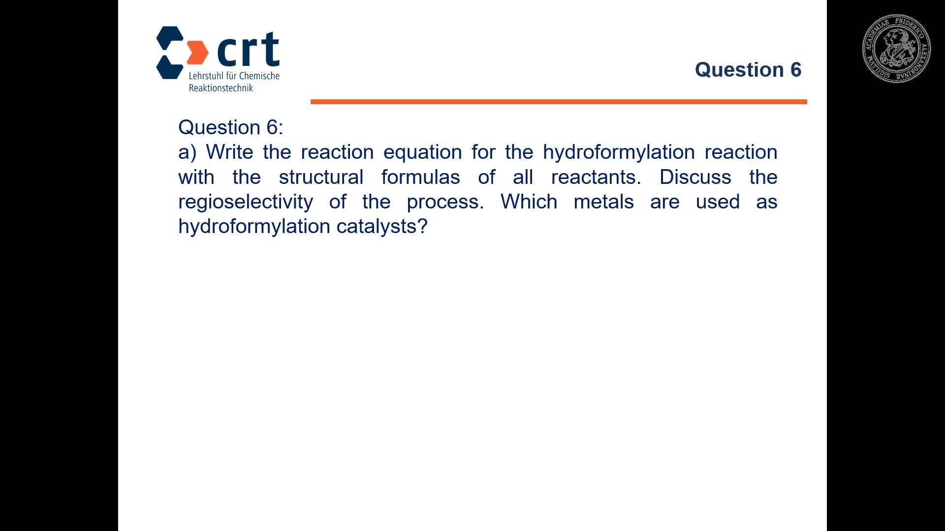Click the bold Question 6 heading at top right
tap(748, 70)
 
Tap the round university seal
tap(896, 48)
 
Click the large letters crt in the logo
tap(248, 49)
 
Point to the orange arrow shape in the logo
tap(198, 53)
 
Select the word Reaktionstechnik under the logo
tap(221, 88)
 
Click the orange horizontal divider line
tap(559, 102)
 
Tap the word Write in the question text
tap(229, 152)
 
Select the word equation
tap(422, 152)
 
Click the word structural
tap(321, 177)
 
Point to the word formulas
tap(421, 177)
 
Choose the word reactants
tap(596, 177)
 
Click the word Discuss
tap(695, 177)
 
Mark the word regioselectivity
tap(246, 202)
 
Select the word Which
tap(529, 202)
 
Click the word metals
tap(603, 202)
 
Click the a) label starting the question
tap(188, 152)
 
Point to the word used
tap(718, 202)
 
